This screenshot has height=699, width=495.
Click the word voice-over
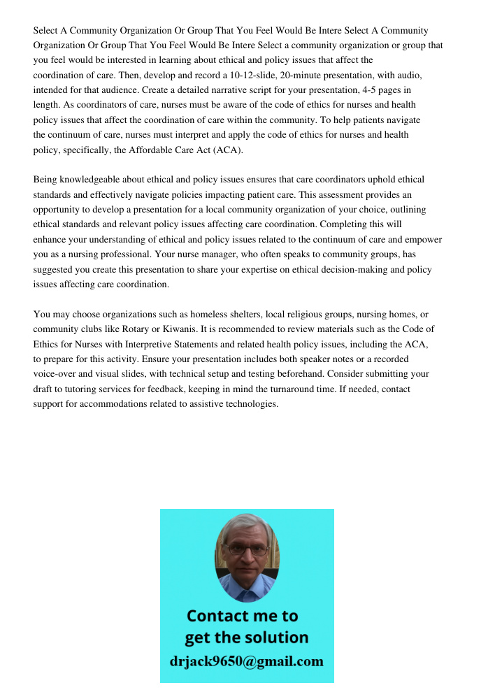click(x=56, y=375)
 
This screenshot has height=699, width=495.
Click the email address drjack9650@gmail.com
click(x=247, y=661)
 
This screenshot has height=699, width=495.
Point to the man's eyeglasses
click(x=247, y=550)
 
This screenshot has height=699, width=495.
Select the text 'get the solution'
click(x=246, y=637)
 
